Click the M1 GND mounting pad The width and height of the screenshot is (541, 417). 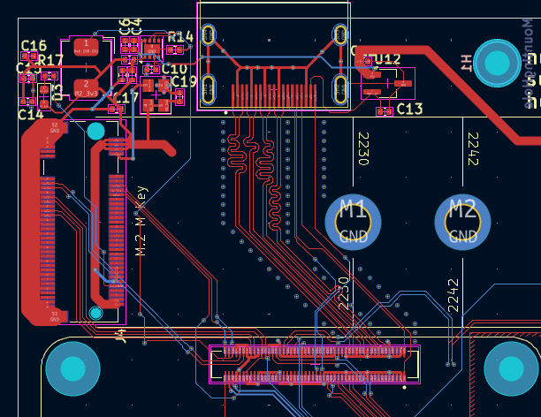coord(354,221)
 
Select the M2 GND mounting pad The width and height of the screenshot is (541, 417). coord(462,221)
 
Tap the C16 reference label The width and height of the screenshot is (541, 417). coord(34,46)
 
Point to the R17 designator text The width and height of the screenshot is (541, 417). coord(50,61)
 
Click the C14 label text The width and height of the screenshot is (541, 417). coord(30,113)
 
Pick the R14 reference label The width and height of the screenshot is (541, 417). coord(179,37)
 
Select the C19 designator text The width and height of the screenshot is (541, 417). coord(184,81)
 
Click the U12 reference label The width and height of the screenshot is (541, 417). coord(387,59)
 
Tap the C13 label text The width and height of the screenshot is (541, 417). coord(409,109)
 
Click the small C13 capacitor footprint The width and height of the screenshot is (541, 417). coord(385,111)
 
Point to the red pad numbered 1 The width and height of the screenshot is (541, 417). coord(86,45)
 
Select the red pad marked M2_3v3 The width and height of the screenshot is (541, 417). coord(86,87)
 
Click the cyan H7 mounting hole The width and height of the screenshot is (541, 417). coord(498,63)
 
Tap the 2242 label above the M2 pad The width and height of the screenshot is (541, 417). coord(473,148)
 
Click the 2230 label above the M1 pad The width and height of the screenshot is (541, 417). coord(362,148)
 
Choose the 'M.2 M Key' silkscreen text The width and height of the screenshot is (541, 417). coord(141,221)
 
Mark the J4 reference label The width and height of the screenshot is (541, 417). coord(121,335)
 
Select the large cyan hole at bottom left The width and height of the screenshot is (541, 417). coord(72,368)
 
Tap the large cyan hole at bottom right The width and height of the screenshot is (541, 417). coord(511,368)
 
